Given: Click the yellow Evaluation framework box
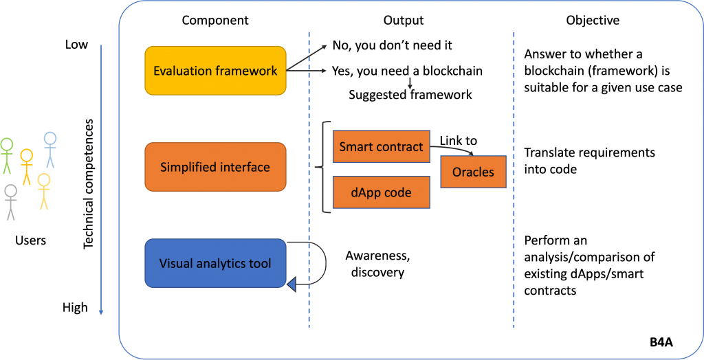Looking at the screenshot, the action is click(215, 71).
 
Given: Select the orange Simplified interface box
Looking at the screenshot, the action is click(215, 167).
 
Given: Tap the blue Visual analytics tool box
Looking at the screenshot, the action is click(215, 263).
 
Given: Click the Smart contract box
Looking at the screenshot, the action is click(381, 146).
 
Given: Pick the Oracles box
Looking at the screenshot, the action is click(473, 172).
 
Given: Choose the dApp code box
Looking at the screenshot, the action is click(381, 192).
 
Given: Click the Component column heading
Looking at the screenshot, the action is click(215, 21).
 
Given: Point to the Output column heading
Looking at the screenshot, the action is click(404, 21).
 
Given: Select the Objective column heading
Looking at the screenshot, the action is click(593, 21).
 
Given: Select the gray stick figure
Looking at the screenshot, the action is click(10, 202).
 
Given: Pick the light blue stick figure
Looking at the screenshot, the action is click(49, 150).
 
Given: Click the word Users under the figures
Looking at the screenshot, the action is click(30, 240).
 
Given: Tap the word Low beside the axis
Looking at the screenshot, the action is click(76, 45).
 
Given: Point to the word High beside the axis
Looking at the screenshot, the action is click(75, 308).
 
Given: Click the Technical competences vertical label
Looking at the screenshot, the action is click(89, 184).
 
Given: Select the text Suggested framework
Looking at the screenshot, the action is click(410, 95).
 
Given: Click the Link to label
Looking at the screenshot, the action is click(458, 141).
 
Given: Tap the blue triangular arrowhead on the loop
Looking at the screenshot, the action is click(291, 284).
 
